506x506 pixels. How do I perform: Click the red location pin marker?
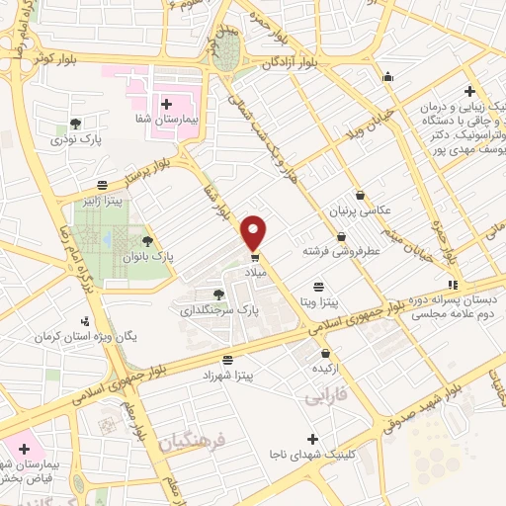pos(255,231)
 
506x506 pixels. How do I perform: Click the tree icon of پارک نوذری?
pos(75,124)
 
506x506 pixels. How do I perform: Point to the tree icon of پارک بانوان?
pos(147,240)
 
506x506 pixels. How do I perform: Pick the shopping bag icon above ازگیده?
pos(325,353)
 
